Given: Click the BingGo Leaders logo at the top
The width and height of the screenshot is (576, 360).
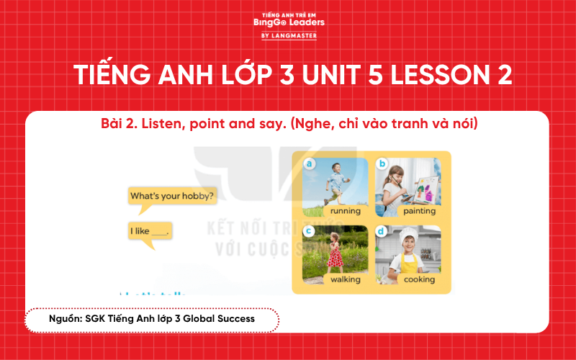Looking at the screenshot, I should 289,21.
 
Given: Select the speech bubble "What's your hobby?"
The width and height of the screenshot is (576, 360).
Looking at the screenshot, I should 171,195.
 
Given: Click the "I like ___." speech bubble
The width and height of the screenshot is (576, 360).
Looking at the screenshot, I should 150,232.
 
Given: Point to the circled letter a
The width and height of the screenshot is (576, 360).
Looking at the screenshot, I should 310,164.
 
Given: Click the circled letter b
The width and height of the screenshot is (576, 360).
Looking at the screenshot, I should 382,164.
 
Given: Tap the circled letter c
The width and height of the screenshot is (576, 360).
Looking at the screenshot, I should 310,231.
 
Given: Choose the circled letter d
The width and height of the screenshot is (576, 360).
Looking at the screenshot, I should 382,231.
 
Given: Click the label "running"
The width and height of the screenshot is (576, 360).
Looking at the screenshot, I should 345,212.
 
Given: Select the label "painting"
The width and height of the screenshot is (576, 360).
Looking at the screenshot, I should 419,212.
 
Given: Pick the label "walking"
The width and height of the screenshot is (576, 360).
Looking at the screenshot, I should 345,279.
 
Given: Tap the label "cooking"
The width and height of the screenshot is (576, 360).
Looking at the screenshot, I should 419,279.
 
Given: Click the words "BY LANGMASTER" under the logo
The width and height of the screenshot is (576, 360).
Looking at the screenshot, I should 289,36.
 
